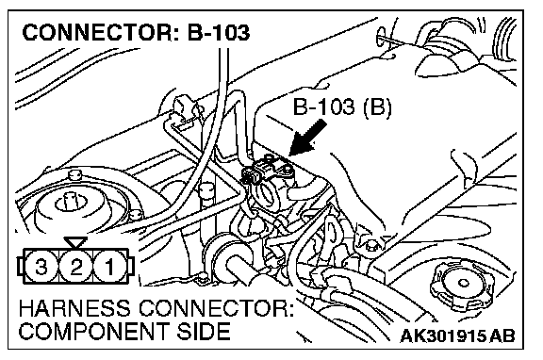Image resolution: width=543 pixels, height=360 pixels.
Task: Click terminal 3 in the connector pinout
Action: (41, 267)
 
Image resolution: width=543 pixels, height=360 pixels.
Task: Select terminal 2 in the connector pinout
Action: (75, 267)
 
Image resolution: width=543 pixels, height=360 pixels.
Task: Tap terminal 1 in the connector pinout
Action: (109, 267)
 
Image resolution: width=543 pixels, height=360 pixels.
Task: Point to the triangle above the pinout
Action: (75, 242)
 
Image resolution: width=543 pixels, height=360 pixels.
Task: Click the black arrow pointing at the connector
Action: (307, 138)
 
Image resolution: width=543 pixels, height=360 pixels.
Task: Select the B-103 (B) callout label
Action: (342, 106)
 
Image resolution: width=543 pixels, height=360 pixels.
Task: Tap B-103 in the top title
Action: (219, 33)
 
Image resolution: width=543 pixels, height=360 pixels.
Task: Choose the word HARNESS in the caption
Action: (74, 308)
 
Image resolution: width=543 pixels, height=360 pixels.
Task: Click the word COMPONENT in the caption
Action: (94, 332)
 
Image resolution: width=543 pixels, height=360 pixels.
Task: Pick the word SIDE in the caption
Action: (204, 332)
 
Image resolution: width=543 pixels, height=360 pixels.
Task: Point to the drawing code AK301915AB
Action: (457, 335)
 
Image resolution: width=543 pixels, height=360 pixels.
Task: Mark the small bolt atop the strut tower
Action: (74, 174)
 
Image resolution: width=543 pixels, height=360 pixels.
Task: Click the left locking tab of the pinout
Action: (21, 267)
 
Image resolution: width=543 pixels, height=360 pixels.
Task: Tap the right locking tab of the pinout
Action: (130, 267)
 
